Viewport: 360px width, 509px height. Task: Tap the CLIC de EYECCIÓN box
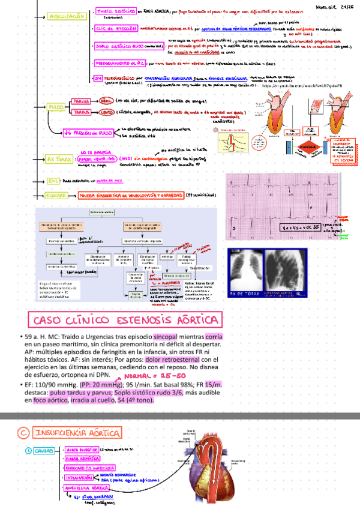(116, 28)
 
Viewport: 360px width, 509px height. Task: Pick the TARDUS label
(81, 112)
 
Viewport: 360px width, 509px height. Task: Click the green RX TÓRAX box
(59, 159)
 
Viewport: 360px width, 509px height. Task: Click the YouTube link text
(305, 87)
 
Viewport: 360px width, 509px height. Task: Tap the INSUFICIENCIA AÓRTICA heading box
(78, 433)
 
